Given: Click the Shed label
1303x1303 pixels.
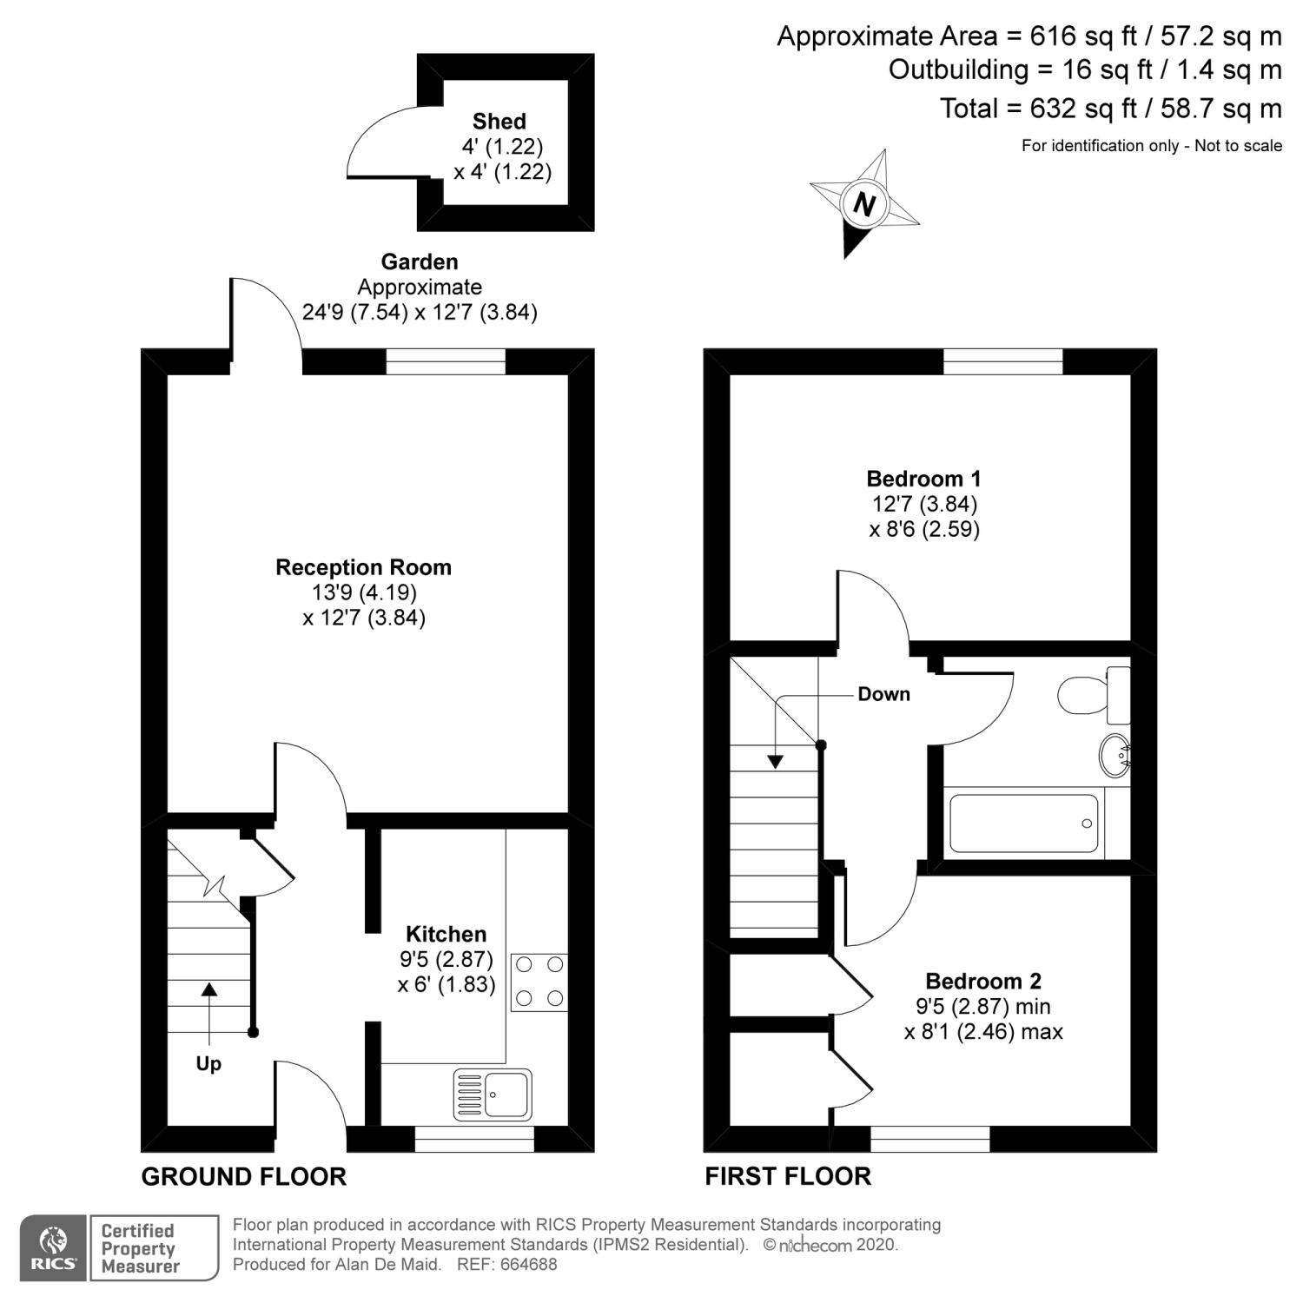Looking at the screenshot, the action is [499, 121].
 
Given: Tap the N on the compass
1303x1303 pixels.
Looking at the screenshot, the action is [863, 204].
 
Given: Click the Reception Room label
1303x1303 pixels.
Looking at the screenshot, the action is [363, 567].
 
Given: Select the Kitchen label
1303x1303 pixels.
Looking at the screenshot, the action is [446, 934].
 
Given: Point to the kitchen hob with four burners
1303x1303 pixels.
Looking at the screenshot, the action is [539, 982].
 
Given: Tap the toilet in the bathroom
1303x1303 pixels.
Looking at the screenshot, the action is [1094, 695].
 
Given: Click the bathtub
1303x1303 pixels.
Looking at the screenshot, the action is [1024, 823].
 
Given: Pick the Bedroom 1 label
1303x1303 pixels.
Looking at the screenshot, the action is [923, 478].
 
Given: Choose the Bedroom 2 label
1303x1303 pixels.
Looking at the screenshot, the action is [983, 981].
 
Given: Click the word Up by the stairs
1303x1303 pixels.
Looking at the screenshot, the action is [208, 1063].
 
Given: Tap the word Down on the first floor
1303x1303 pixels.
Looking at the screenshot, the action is [883, 693].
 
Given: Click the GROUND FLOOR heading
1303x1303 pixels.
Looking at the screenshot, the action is [243, 1176].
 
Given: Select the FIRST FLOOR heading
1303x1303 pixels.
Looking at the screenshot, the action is [787, 1175].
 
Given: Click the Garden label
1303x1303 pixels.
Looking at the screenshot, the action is [420, 261].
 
